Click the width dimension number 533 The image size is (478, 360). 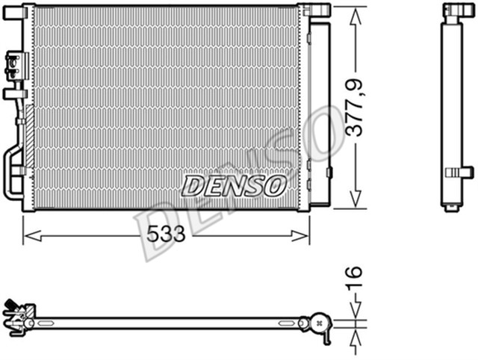tap(166, 235)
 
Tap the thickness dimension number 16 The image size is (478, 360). tap(356, 281)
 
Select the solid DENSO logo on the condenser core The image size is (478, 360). tap(234, 184)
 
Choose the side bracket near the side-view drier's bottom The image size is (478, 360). tap(460, 172)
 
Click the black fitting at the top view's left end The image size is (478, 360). tap(11, 305)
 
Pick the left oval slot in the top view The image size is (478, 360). tap(45, 323)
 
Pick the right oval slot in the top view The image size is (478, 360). tap(288, 323)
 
